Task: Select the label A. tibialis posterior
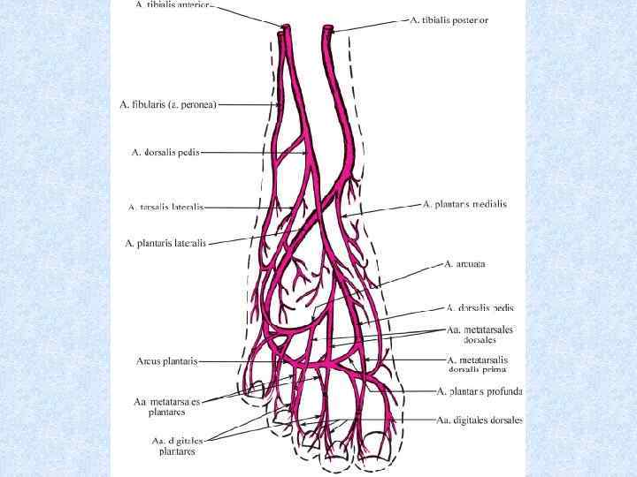click(449, 19)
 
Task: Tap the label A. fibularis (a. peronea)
click(168, 104)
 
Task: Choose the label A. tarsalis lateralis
click(165, 208)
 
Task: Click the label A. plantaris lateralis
click(165, 243)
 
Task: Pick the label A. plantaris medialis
click(464, 204)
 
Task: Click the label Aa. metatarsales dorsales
click(480, 335)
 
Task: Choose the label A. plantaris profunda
click(480, 390)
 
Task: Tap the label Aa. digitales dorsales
click(480, 420)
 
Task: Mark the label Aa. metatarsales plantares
click(167, 406)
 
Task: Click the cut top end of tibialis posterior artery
click(328, 30)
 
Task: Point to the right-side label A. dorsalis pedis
click(480, 308)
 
